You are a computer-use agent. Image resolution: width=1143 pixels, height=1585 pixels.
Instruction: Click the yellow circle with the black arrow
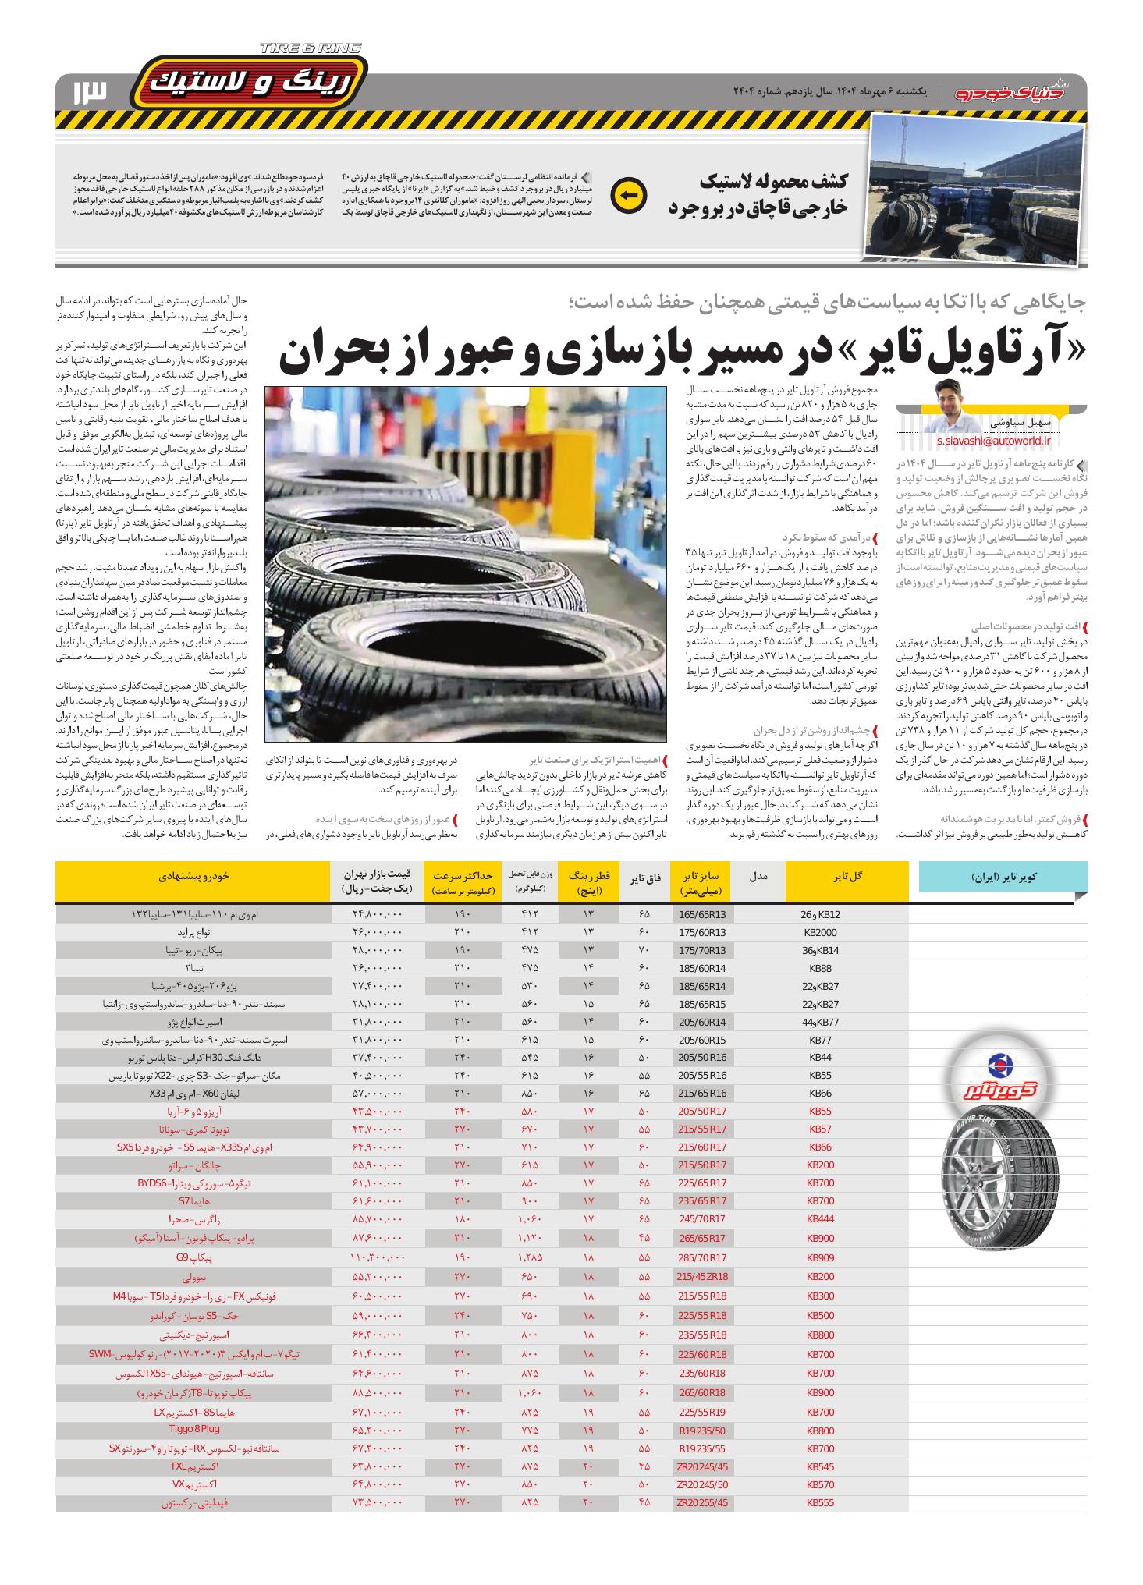(629, 196)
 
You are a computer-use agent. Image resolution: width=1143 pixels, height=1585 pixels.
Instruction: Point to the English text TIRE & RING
(310, 48)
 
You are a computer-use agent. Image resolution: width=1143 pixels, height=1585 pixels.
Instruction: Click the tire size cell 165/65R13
(702, 914)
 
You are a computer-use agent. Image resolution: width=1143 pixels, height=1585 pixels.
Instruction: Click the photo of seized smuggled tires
(978, 188)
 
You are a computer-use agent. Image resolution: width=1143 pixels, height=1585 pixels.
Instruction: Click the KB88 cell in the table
(822, 968)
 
